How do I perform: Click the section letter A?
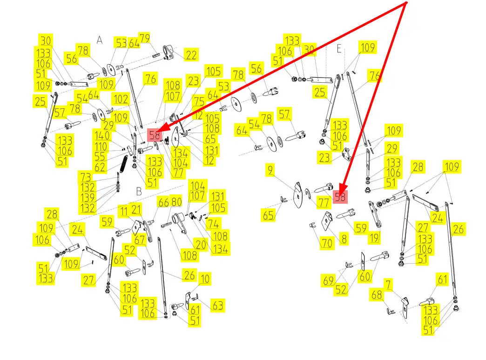(x=99, y=40)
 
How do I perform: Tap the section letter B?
(x=139, y=191)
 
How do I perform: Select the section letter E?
(x=339, y=49)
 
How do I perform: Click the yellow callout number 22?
(x=190, y=54)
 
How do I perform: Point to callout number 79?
(x=144, y=38)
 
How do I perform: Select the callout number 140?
(x=101, y=136)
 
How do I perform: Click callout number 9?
(x=270, y=171)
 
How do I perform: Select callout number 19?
(x=373, y=238)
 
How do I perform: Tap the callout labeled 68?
(x=376, y=294)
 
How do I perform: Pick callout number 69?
(x=328, y=280)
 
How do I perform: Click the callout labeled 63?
(x=217, y=306)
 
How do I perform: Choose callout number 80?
(x=176, y=202)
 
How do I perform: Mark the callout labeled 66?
(x=163, y=202)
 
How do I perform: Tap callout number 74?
(x=213, y=223)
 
